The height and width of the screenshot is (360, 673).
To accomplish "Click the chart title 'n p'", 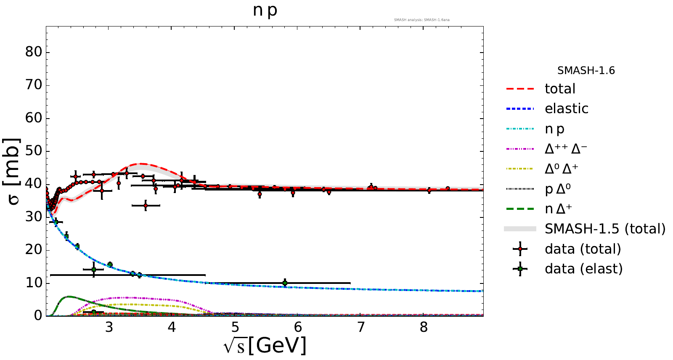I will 265,10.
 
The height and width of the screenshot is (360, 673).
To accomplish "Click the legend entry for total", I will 560,89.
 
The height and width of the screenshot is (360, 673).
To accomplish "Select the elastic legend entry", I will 566,109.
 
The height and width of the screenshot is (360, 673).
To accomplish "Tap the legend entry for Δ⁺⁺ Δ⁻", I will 566,148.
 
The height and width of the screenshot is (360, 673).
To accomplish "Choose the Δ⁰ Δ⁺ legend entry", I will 562,169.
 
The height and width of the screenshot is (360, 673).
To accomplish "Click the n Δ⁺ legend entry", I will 558,209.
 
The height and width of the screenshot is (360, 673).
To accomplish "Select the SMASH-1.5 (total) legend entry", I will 605,229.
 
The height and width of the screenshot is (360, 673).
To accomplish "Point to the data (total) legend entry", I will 583,249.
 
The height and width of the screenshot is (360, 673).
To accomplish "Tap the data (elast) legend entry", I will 583,269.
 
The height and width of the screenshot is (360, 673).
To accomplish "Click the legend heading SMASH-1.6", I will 586,71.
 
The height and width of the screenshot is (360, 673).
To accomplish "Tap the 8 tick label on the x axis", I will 424,327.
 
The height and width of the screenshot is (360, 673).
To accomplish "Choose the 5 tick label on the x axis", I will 235,327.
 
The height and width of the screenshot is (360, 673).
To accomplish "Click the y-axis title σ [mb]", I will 13,171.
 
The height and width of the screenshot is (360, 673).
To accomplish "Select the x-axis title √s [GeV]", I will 265,346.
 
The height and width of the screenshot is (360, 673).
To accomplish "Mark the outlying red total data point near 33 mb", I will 146,206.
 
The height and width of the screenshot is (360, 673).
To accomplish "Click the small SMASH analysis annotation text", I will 421,20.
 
